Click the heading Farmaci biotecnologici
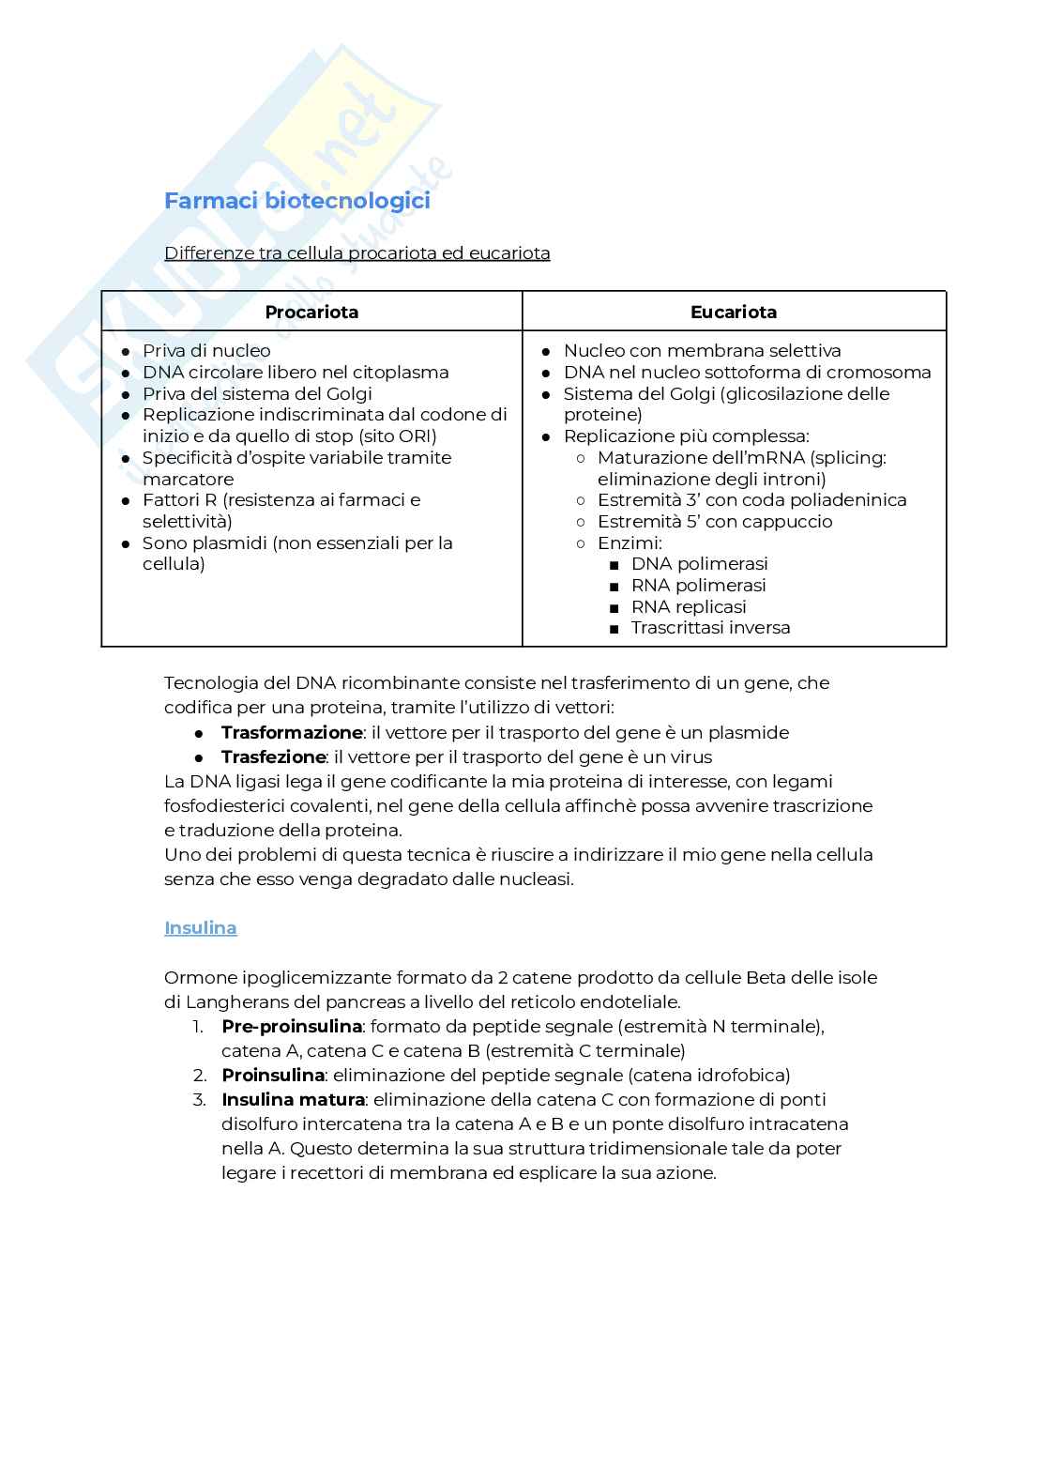296,201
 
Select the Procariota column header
311,312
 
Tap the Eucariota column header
733,312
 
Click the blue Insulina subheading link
200,927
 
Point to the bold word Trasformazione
291,732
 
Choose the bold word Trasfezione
273,756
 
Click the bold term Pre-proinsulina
291,1026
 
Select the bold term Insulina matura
293,1099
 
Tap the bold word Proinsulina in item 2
272,1075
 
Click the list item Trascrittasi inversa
710,628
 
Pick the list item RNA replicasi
688,606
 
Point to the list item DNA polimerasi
699,563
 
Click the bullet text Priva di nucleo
206,350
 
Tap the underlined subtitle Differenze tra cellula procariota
357,253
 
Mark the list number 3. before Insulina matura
199,1099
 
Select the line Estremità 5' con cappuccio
714,521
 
